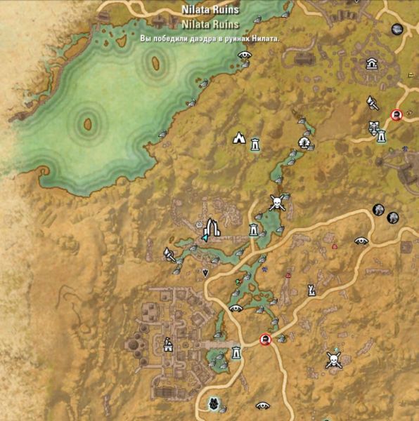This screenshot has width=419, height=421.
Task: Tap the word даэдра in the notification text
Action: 202,39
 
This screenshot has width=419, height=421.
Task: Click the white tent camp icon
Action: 239,138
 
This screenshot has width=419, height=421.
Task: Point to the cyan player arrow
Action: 205,238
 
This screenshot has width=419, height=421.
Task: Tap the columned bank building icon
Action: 370,64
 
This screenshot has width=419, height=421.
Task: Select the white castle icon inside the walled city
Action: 169,345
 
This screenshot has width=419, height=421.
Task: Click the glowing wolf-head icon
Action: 214,403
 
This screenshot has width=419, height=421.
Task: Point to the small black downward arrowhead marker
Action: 205,272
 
